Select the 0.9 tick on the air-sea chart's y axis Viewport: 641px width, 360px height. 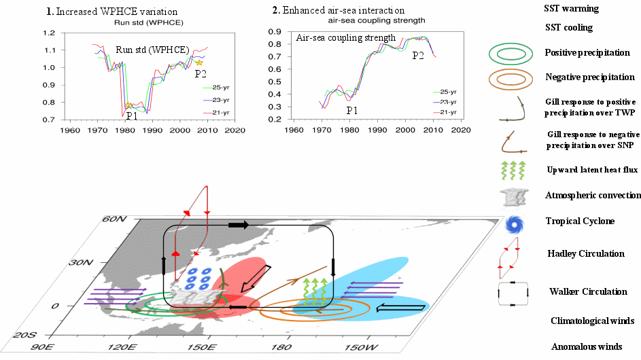(x=275, y=32)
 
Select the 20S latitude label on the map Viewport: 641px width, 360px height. (x=27, y=335)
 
